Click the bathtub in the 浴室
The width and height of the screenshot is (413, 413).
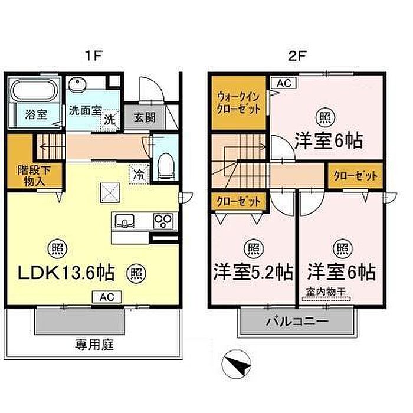34,90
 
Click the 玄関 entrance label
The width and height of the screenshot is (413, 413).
145,117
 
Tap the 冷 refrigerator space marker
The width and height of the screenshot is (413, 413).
139,174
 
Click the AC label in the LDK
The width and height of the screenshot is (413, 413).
107,297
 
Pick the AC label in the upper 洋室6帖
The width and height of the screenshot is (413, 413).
284,83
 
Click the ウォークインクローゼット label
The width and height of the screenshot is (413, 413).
239,103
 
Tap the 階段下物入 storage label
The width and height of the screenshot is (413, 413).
34,175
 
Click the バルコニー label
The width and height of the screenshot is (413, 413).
297,321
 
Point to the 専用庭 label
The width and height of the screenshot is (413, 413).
94,345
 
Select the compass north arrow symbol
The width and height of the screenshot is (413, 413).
236,365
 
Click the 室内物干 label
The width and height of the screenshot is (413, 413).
326,291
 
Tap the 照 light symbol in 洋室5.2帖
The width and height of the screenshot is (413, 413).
254,249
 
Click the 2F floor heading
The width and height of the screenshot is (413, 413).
297,55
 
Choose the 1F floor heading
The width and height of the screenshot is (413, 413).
93,55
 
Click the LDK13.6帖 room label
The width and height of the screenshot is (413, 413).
66,273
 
